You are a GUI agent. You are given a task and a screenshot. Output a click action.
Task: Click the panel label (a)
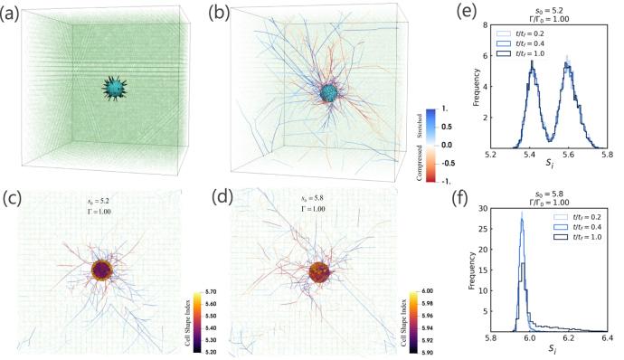point(14,12)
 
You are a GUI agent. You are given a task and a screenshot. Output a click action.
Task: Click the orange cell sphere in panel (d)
point(319,271)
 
